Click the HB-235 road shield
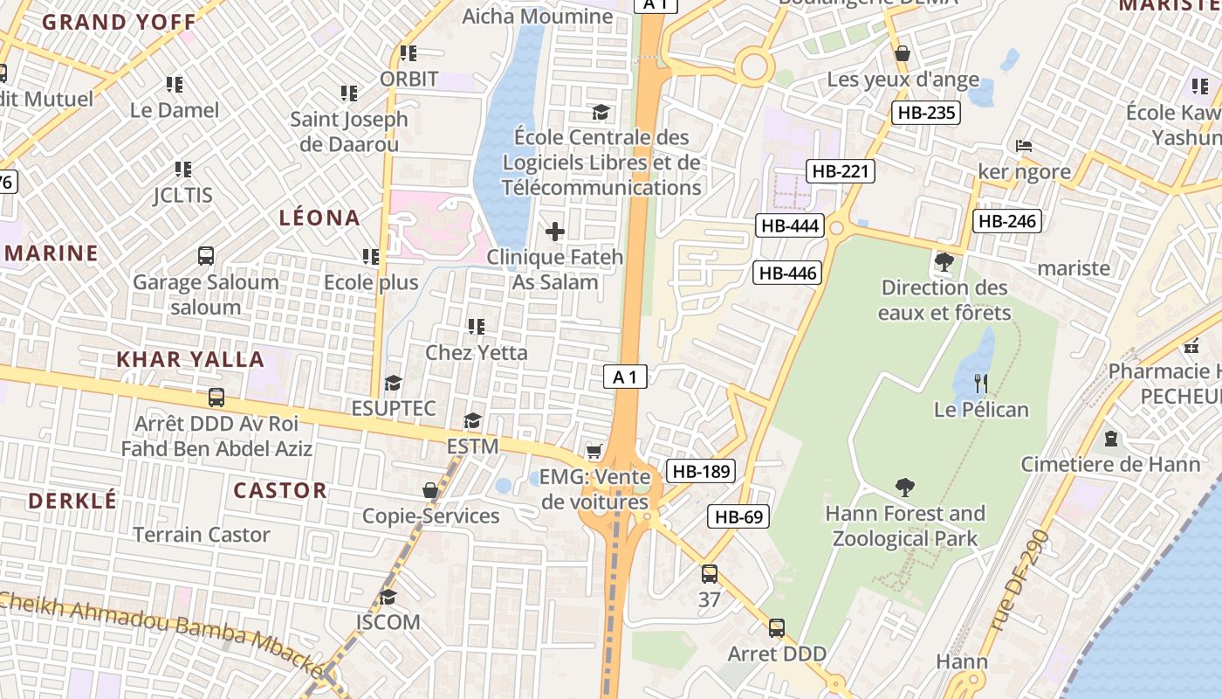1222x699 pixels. coord(926,112)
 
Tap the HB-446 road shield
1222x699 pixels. coord(787,273)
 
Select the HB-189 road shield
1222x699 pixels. coord(701,472)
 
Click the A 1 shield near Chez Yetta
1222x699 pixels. coord(625,377)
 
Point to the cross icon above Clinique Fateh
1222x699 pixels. coord(554,232)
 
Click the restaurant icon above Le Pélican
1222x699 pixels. coord(981,383)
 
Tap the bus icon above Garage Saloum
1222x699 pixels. coord(206,256)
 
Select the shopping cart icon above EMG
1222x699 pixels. coord(594,451)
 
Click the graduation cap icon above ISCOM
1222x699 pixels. coord(388,597)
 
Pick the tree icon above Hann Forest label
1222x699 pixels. coord(905,488)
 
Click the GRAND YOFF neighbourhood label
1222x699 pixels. coord(120,22)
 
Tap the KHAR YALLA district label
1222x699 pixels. coord(190,359)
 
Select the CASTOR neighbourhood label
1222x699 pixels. coord(279,490)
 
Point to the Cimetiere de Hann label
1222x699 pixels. coord(1111,464)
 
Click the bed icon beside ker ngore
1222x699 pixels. coord(1024,145)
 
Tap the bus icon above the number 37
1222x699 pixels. coord(709,574)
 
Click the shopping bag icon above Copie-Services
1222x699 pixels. coord(430,490)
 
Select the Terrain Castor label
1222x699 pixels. coord(201,535)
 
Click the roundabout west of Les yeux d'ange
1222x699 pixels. coord(753,66)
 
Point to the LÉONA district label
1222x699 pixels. coord(319,218)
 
